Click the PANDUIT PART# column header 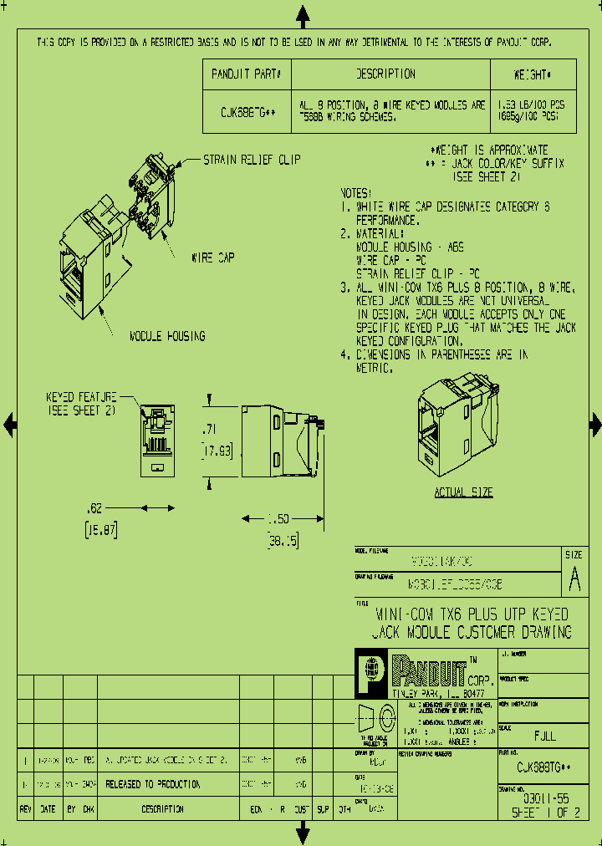click(x=247, y=74)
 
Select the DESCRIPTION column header click(x=385, y=74)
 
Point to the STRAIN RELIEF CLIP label click(x=252, y=159)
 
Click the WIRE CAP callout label click(x=214, y=258)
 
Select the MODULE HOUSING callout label click(x=167, y=336)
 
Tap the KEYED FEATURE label click(x=80, y=398)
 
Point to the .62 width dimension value click(x=95, y=507)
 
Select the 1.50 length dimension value click(x=280, y=519)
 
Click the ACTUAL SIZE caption click(x=463, y=492)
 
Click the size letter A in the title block click(x=574, y=578)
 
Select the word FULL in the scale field click(x=544, y=736)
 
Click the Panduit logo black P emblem click(x=370, y=673)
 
